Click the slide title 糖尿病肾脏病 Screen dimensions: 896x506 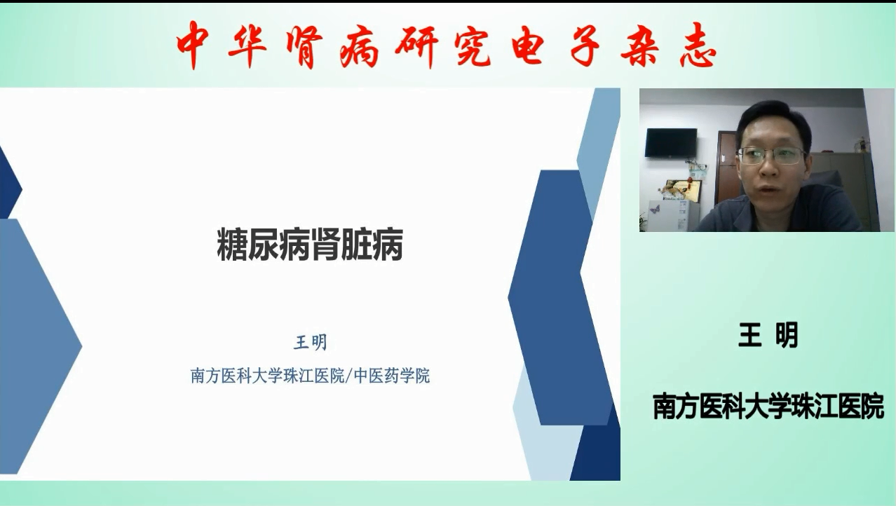[310, 245]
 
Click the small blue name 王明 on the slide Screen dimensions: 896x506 [311, 343]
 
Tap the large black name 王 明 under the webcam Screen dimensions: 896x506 [768, 335]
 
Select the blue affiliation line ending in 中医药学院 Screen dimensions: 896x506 [311, 376]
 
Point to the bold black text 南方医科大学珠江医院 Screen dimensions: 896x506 [768, 406]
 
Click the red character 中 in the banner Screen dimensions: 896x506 [192, 45]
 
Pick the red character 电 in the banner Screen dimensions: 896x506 [528, 45]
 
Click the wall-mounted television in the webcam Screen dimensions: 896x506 [671, 143]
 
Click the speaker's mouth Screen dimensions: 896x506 [769, 189]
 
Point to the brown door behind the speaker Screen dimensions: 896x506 [726, 167]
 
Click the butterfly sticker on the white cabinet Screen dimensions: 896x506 [655, 209]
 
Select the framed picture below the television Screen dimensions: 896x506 [681, 190]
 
